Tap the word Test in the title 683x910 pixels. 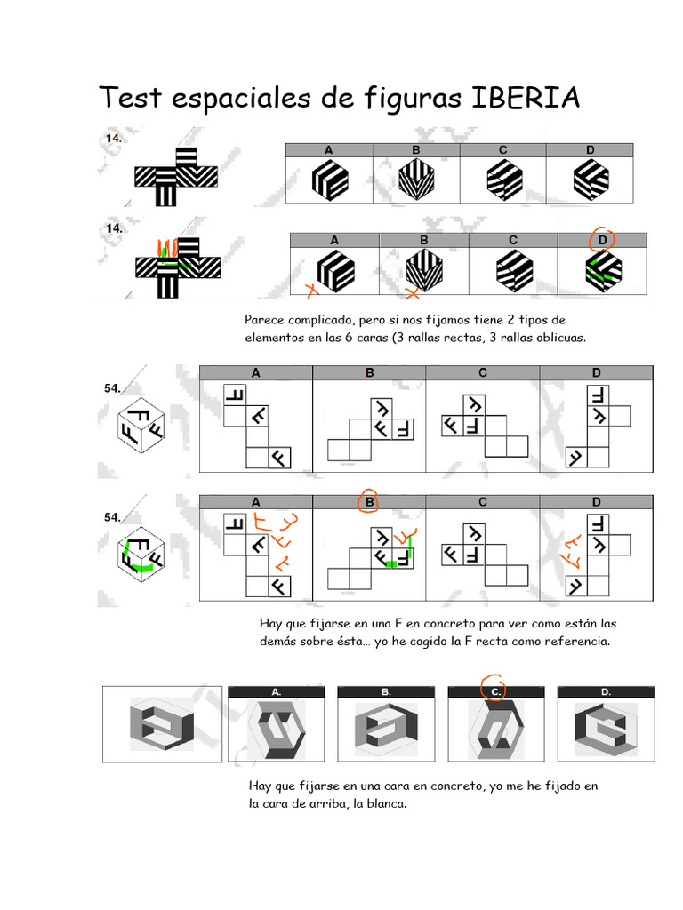pos(129,98)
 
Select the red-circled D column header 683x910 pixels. pos(603,239)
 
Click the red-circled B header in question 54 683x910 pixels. pos(369,502)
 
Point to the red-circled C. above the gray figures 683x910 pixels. pos(496,689)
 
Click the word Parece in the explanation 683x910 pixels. pos(266,320)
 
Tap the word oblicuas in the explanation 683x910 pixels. pos(557,338)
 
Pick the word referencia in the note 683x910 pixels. pos(575,641)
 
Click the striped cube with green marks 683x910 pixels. pos(602,271)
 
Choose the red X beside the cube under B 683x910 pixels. pos(413,292)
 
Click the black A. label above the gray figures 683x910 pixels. pos(277,690)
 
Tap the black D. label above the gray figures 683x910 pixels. pos(605,690)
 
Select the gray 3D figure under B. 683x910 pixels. pos(385,728)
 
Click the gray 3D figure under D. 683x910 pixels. pos(605,728)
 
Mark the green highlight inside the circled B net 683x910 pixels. pos(391,563)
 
